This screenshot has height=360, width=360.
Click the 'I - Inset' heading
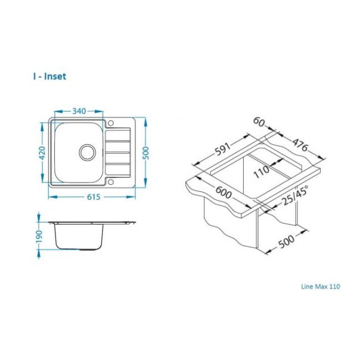coord(50,76)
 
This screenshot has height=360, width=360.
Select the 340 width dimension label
coord(79,111)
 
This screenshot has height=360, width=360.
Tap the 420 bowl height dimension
coord(42,153)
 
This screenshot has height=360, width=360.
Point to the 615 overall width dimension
coord(94,197)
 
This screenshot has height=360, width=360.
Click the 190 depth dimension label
coord(39,236)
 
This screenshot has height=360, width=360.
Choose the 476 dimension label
coord(300,145)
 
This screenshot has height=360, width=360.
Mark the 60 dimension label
coord(259,122)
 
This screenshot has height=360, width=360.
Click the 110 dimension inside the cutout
coord(262,172)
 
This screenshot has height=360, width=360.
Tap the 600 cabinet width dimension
coord(224,192)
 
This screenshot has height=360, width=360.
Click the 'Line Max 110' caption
coord(321,286)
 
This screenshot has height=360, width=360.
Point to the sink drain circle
coord(87,153)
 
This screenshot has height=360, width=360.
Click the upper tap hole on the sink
coord(111,123)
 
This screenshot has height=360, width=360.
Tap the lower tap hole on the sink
coord(111,182)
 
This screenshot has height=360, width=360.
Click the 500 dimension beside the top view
coord(146,153)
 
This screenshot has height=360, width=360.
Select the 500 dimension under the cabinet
coord(286,241)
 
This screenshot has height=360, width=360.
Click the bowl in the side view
coord(79,237)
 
